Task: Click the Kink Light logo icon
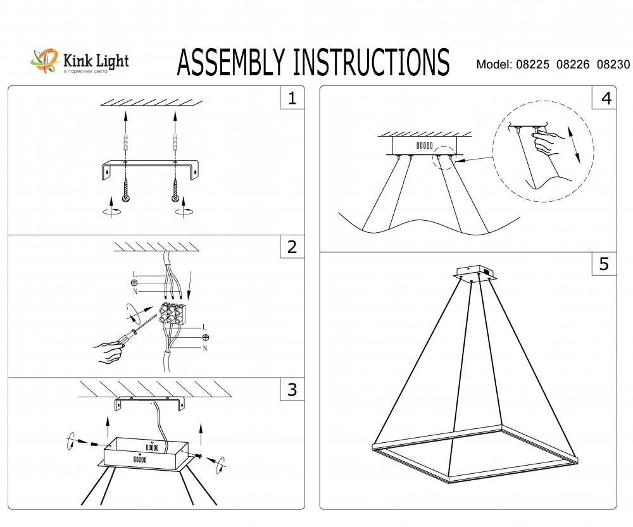tap(44, 61)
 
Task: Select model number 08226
tap(572, 65)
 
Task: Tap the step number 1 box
tap(292, 97)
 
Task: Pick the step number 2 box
tap(292, 247)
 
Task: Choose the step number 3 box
tap(292, 390)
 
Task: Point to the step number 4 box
tap(605, 97)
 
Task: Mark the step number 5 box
tap(605, 264)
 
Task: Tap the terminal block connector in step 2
tap(171, 313)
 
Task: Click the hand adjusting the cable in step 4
tap(548, 142)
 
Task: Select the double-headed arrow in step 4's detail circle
tap(573, 144)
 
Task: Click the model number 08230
tap(613, 65)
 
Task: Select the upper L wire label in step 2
tap(135, 275)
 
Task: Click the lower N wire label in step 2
tap(205, 348)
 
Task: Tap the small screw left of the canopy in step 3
tap(94, 443)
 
